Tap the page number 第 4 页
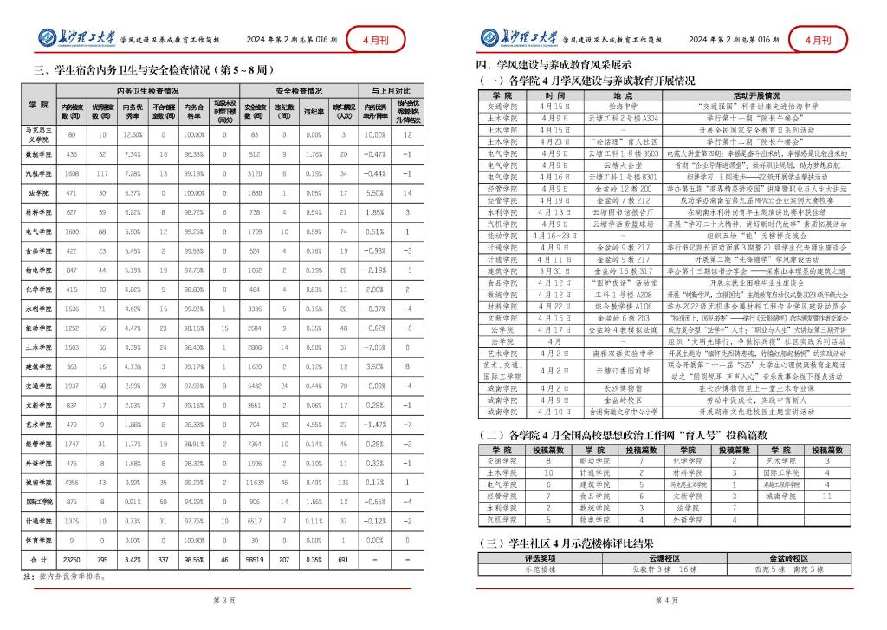(664, 599)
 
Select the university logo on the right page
(517, 39)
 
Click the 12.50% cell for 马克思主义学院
(133, 135)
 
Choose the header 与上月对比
(391, 90)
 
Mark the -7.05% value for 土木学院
(375, 347)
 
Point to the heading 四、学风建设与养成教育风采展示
(554, 65)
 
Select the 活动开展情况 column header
(764, 94)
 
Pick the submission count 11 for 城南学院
(825, 497)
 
